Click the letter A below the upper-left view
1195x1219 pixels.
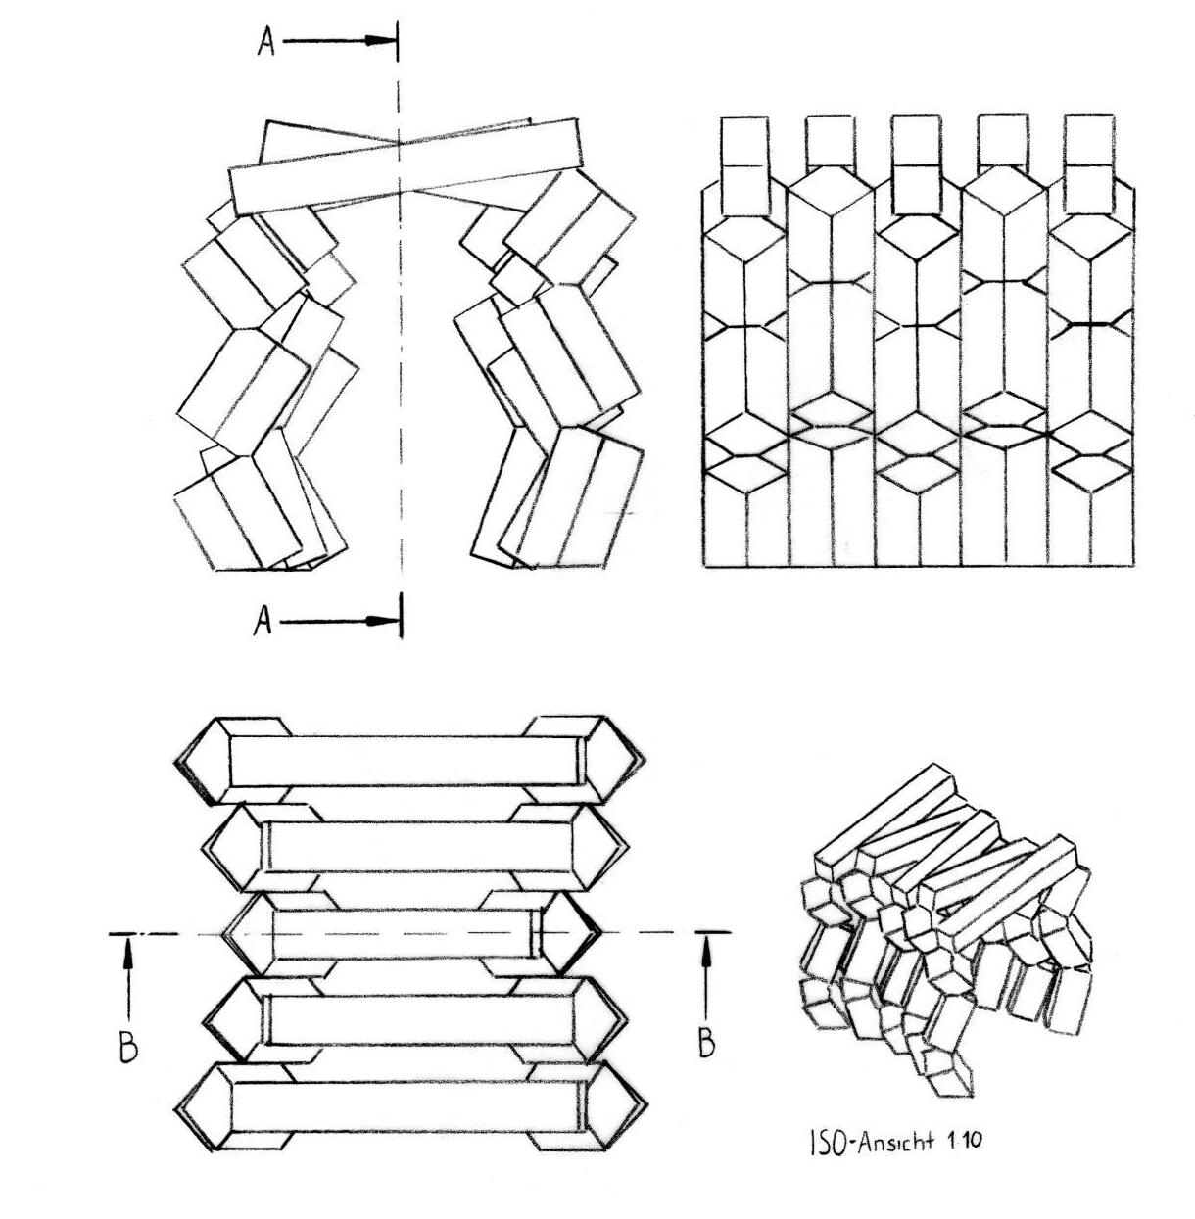(263, 622)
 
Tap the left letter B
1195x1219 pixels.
(128, 1047)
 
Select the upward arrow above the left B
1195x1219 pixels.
(128, 974)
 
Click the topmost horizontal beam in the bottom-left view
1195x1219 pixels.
(404, 761)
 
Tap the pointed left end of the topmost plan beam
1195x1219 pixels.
(201, 762)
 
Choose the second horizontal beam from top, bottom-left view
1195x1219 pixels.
(416, 846)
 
